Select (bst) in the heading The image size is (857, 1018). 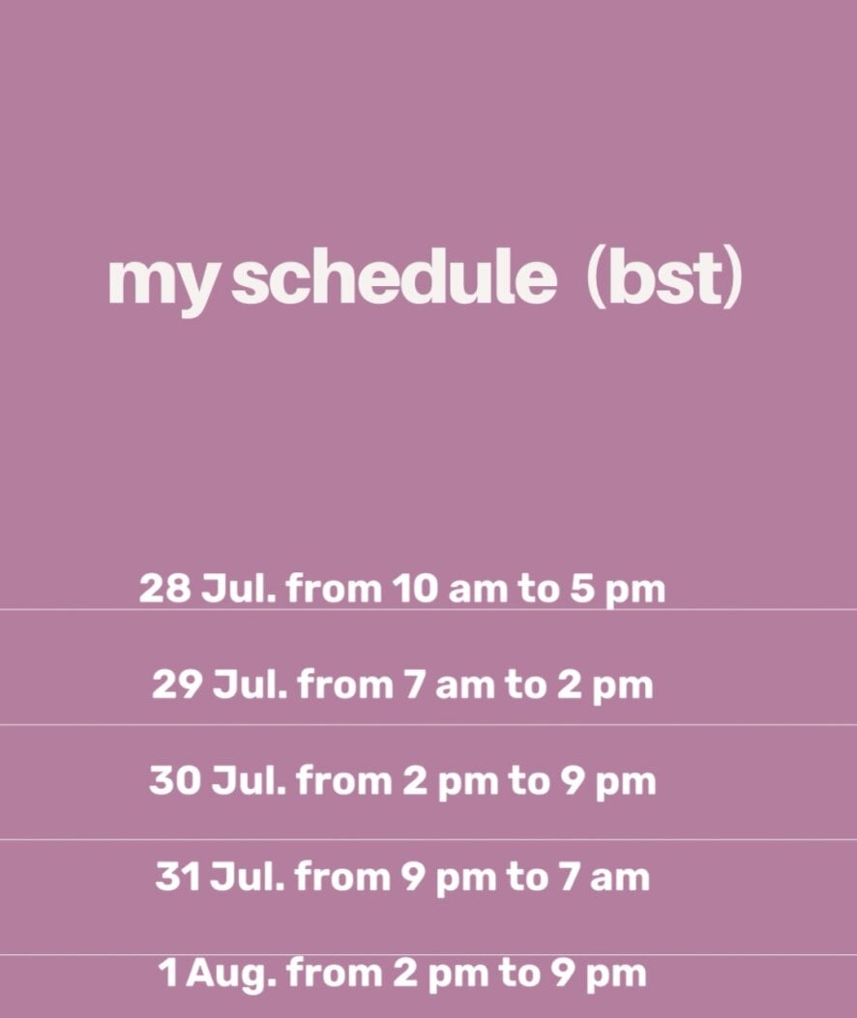click(664, 279)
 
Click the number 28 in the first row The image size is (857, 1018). click(165, 588)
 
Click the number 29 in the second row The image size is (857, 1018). click(177, 684)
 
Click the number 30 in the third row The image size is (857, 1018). click(175, 780)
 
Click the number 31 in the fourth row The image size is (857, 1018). click(177, 877)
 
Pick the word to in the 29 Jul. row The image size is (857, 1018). click(525, 684)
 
